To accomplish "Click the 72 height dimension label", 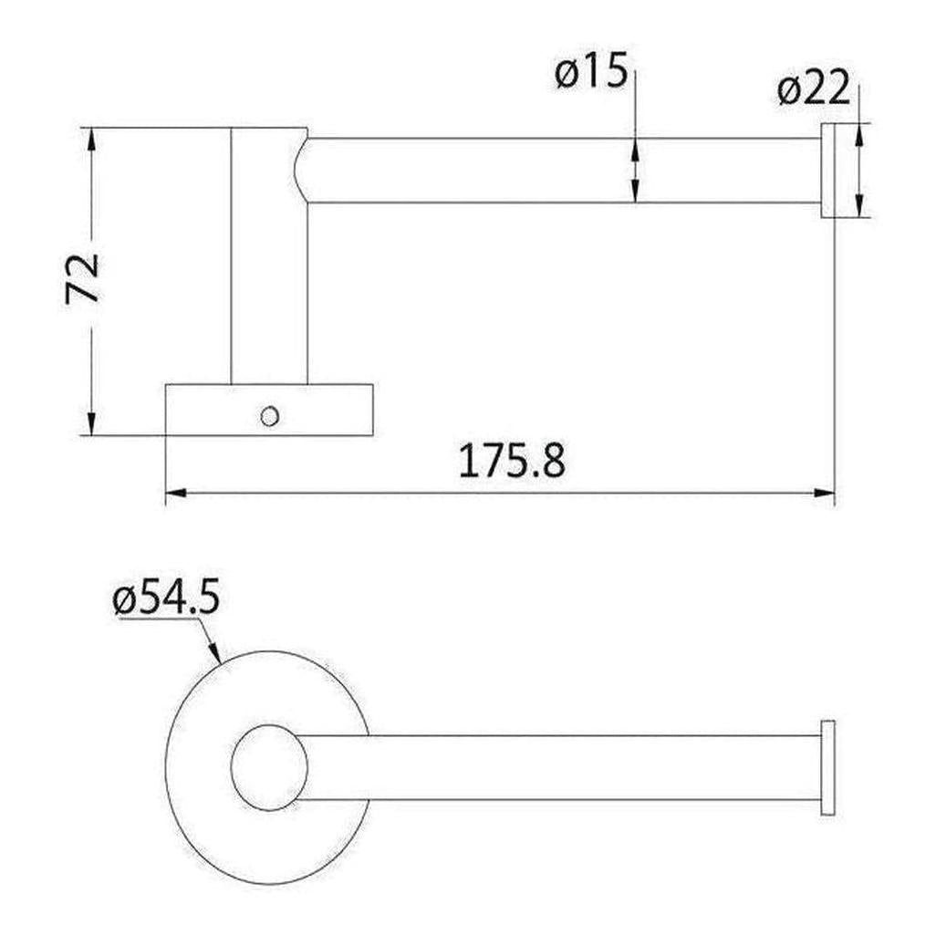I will point(83,278).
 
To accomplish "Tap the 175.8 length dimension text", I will point(511,462).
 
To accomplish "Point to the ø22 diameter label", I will point(814,89).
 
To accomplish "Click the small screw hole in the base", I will point(268,416).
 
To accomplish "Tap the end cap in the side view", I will point(830,170).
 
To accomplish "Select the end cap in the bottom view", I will point(827,767).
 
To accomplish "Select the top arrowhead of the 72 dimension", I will point(91,136).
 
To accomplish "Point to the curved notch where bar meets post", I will point(302,170).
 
